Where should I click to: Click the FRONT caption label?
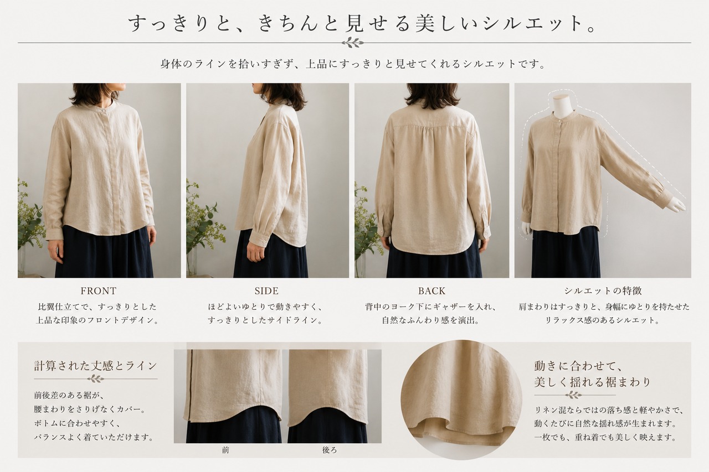pyautogui.click(x=99, y=291)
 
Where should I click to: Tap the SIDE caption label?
pyautogui.click(x=266, y=291)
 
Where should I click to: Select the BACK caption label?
pyautogui.click(x=431, y=291)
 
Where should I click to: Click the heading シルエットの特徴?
pyautogui.click(x=603, y=291)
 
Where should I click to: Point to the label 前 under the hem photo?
pyautogui.click(x=225, y=450)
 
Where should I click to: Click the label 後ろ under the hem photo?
pyautogui.click(x=330, y=450)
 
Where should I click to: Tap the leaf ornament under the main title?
pyautogui.click(x=353, y=43)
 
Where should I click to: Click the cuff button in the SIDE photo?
pyautogui.click(x=264, y=241)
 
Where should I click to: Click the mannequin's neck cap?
pyautogui.click(x=563, y=97)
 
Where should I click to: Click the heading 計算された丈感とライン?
pyautogui.click(x=96, y=366)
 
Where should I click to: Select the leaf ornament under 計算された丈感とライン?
pyautogui.click(x=96, y=378)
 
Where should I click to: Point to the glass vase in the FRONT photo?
pyautogui.click(x=22, y=261)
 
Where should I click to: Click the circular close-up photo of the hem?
pyautogui.click(x=461, y=400)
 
